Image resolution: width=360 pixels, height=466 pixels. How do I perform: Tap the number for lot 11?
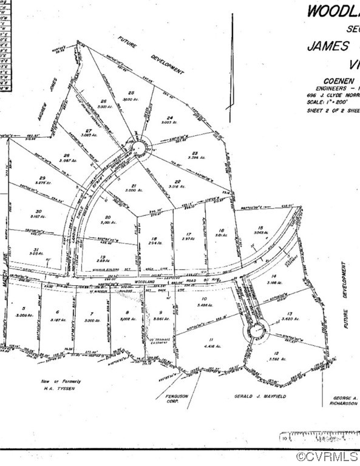click(x=212, y=339)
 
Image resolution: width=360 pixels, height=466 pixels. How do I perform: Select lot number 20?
click(x=107, y=217)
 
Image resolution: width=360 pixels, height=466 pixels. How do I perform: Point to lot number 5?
click(x=24, y=309)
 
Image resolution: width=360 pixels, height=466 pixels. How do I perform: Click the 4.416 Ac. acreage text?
click(x=212, y=347)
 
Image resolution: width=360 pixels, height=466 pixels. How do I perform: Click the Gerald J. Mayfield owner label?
click(x=259, y=395)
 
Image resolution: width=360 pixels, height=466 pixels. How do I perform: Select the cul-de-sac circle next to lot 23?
click(x=140, y=148)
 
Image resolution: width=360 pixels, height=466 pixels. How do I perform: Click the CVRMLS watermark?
click(x=328, y=456)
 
